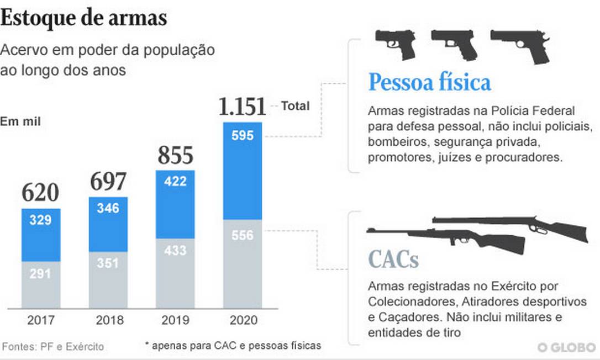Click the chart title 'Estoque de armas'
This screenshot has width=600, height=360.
(x=83, y=18)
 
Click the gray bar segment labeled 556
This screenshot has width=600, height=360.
(x=243, y=264)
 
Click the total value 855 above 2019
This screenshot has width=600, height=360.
(x=175, y=156)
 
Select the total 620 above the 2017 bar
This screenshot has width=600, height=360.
(x=40, y=193)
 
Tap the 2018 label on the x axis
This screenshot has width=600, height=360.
(x=108, y=320)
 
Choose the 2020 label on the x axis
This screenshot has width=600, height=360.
(x=243, y=320)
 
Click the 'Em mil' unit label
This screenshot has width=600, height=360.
(x=20, y=121)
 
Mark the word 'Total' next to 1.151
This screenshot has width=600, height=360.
(x=295, y=105)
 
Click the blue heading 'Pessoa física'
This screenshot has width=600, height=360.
(x=429, y=83)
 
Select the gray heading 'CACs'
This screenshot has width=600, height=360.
(x=393, y=259)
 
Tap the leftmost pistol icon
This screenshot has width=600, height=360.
(x=396, y=44)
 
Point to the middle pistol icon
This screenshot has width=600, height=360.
(x=454, y=44)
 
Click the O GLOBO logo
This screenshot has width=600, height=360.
(x=567, y=347)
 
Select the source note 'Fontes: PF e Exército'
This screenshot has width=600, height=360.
(x=52, y=347)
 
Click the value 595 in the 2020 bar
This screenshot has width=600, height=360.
(x=243, y=136)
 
